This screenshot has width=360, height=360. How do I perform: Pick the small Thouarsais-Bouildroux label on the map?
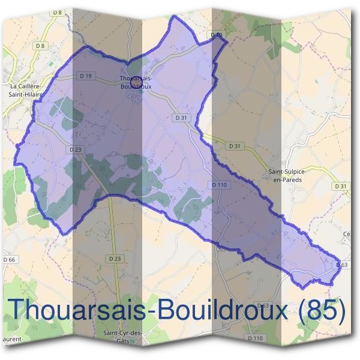pyautogui.click(x=136, y=82)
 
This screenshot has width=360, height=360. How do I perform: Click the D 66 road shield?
pyautogui.click(x=8, y=259)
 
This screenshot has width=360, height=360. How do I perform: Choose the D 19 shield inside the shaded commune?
pyautogui.click(x=85, y=76)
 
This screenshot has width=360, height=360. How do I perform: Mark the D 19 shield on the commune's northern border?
pyautogui.click(x=217, y=36)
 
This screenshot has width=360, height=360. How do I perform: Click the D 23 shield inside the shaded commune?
pyautogui.click(x=75, y=149)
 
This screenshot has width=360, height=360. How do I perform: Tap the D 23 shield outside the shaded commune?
pyautogui.click(x=115, y=258)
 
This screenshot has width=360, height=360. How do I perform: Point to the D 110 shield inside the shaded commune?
pyautogui.click(x=219, y=185)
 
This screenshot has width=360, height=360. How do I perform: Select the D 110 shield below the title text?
pyautogui.click(x=256, y=338)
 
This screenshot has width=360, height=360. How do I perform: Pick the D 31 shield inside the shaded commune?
pyautogui.click(x=181, y=118)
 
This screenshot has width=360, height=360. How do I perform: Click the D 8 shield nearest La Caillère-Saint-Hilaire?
pyautogui.click(x=40, y=46)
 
